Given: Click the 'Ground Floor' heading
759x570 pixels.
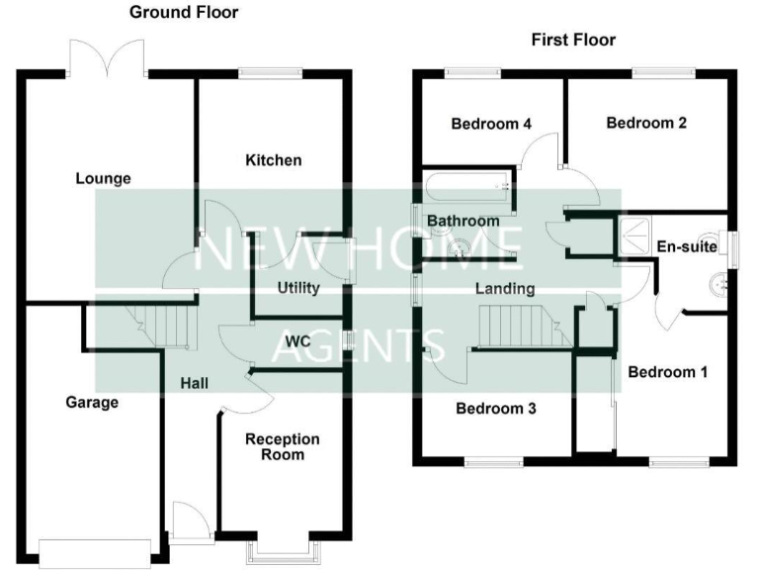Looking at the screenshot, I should coord(184,13).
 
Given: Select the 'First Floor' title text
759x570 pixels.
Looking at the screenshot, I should coord(573,40).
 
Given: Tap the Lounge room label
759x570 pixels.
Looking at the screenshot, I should coord(104,179).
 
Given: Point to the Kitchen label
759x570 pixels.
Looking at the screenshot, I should coord(274,160).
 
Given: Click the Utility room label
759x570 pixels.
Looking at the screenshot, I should coord(298,288).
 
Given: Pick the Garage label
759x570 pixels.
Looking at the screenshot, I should coord(92,402).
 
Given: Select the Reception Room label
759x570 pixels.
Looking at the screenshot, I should coord(283,446).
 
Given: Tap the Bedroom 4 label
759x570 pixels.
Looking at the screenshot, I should coord(491,124).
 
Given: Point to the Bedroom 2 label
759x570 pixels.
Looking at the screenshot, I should coord(646,123).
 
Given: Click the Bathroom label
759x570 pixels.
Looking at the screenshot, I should coord(463,221).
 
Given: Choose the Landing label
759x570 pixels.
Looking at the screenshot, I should coord(504,289).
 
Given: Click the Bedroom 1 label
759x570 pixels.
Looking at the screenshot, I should coord(668,372).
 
